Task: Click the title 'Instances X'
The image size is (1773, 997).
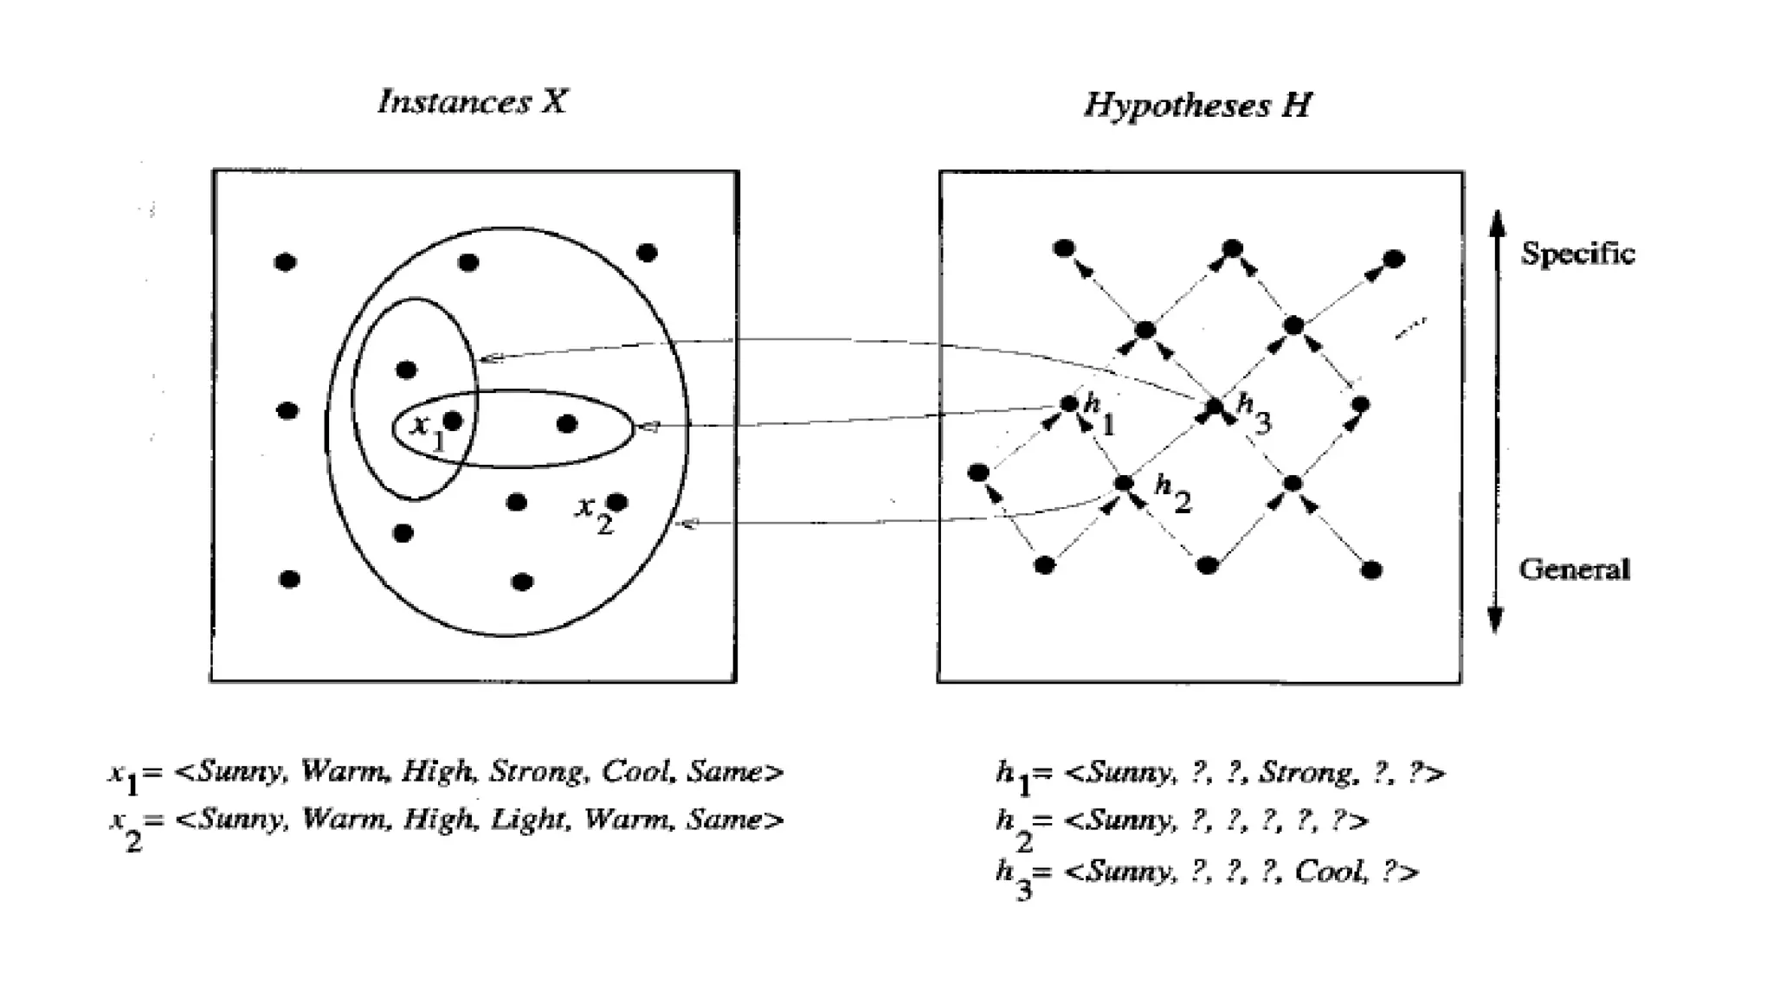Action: (473, 102)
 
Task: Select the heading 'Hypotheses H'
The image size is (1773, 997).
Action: (1197, 106)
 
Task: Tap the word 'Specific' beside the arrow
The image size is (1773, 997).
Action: (1577, 254)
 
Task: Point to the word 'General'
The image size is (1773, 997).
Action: (1574, 569)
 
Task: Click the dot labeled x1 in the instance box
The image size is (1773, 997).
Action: (453, 421)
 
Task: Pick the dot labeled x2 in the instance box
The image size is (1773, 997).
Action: (617, 502)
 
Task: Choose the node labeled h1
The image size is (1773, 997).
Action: (1069, 403)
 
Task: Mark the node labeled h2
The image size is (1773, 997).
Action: (1124, 483)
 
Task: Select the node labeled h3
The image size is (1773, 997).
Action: (1215, 405)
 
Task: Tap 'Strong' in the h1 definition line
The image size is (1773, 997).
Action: (1296, 772)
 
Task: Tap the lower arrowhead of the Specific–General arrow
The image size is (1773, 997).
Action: (1495, 620)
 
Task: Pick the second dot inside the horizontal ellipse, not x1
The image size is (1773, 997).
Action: (567, 424)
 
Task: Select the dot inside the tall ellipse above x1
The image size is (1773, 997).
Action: (406, 370)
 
